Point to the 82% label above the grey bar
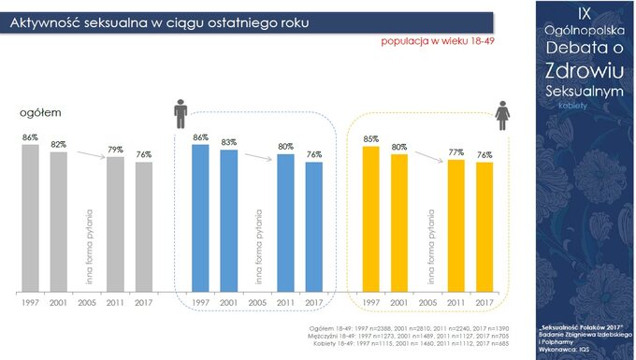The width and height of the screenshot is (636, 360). (x=58, y=145)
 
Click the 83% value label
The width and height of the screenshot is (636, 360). (x=228, y=142)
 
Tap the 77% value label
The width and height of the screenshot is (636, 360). (x=456, y=151)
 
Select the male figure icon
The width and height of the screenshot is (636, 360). (x=181, y=115)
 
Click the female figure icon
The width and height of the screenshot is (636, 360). (x=502, y=117)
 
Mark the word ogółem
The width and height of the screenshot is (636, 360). (x=40, y=112)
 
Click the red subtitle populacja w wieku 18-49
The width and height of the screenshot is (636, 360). (x=436, y=41)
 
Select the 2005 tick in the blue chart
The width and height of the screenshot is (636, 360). (x=257, y=304)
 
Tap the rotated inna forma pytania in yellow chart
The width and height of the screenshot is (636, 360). (x=428, y=245)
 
